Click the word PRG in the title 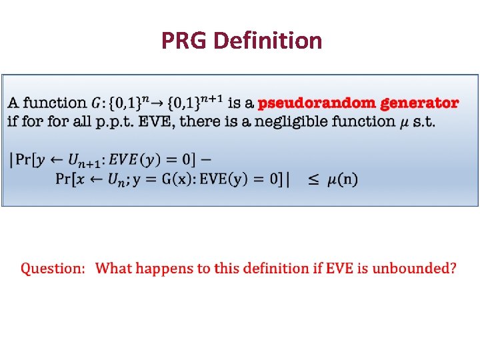pyautogui.click(x=185, y=41)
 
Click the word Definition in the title pyautogui.click(x=269, y=41)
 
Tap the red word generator pyautogui.click(x=419, y=103)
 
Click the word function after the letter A pyautogui.click(x=55, y=103)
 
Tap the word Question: pyautogui.click(x=53, y=269)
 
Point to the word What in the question pyautogui.click(x=113, y=269)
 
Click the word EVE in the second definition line pyautogui.click(x=162, y=121)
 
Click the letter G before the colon pyautogui.click(x=97, y=103)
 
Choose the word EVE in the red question pyautogui.click(x=336, y=269)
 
